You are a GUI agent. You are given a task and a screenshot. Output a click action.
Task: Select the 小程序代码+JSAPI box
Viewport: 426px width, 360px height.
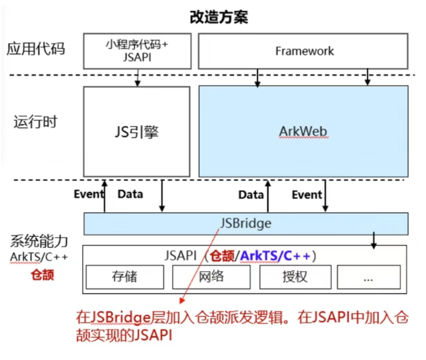click(137, 50)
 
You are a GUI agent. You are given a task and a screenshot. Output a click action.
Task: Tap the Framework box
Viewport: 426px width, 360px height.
click(303, 51)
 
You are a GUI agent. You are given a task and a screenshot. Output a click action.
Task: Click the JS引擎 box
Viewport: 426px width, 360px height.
click(136, 131)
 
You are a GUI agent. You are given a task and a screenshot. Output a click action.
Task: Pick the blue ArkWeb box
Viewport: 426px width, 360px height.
click(303, 131)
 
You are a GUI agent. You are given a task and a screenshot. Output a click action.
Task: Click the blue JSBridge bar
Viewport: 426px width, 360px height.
click(246, 223)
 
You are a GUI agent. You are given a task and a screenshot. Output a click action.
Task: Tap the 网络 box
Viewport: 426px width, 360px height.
click(212, 277)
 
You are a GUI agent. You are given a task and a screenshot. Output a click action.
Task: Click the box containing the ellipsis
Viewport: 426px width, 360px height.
click(368, 277)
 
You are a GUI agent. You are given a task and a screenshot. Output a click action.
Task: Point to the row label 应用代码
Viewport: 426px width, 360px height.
click(36, 49)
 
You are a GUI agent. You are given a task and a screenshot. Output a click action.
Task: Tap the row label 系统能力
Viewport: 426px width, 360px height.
click(39, 241)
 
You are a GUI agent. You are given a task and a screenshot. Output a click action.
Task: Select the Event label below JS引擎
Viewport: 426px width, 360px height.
click(89, 194)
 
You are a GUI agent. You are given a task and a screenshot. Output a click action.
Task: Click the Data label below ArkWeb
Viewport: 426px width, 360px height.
click(251, 195)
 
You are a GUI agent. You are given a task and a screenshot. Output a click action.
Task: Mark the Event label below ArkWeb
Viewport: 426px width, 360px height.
click(307, 195)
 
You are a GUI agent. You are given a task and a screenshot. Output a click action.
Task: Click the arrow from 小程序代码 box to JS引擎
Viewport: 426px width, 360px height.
click(138, 77)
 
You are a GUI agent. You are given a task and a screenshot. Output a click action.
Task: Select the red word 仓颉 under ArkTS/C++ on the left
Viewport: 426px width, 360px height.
click(42, 275)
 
